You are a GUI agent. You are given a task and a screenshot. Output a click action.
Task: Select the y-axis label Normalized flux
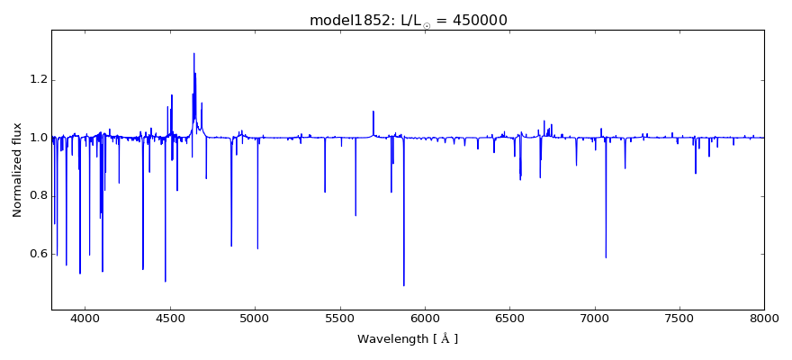(x=17, y=170)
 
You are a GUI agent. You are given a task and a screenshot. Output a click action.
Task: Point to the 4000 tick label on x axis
(x=85, y=318)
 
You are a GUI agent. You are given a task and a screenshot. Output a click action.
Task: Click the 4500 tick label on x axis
(x=170, y=318)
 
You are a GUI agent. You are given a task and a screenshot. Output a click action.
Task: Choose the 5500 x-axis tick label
(x=340, y=318)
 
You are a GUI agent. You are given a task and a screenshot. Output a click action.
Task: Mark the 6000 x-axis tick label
(x=425, y=318)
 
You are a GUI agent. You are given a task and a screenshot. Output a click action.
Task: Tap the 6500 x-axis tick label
(x=509, y=318)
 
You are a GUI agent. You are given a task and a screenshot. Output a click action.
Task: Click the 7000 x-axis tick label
(x=595, y=318)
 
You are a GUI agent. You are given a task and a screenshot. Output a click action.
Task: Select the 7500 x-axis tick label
(x=679, y=318)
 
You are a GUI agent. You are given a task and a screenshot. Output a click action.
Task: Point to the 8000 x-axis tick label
(x=764, y=318)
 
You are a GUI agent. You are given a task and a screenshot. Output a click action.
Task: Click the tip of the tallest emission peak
(x=193, y=53)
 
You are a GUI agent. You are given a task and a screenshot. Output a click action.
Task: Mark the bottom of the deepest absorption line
(x=403, y=286)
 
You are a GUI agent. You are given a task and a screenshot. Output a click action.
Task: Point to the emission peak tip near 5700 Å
(x=373, y=112)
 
